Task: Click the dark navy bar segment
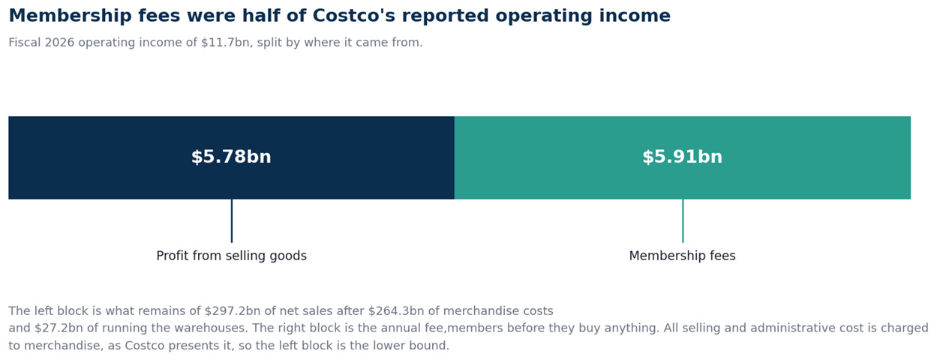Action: click(231, 157)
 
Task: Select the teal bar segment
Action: click(682, 157)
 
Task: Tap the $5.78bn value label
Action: click(231, 157)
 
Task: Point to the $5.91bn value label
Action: click(682, 157)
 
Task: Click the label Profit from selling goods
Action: click(231, 256)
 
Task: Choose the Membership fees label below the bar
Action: click(682, 256)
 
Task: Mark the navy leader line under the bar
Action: click(232, 220)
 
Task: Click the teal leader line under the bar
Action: click(683, 220)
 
